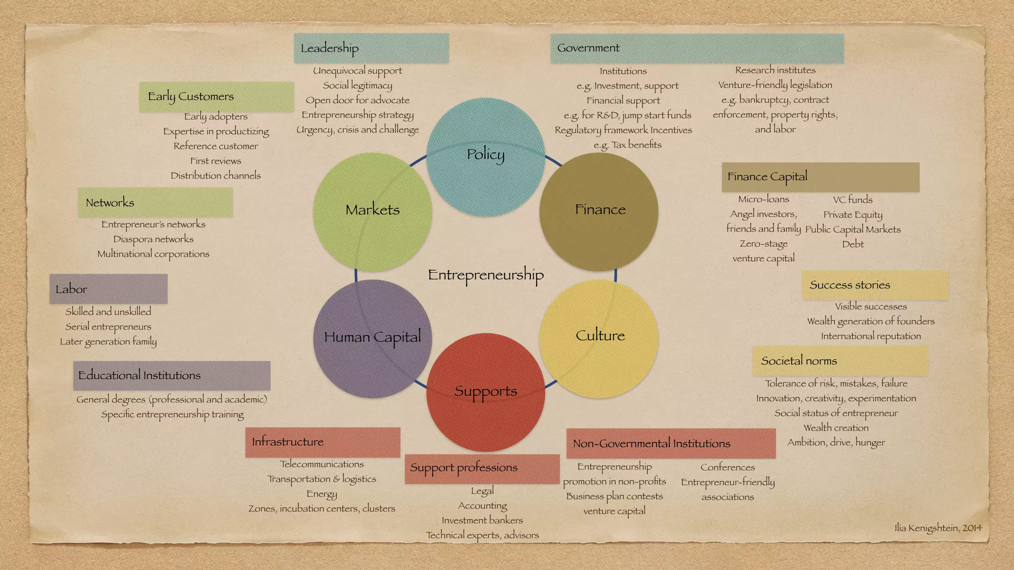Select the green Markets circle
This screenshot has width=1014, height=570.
tap(372, 211)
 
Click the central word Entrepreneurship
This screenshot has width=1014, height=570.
tap(485, 275)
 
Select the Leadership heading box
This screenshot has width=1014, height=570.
tap(371, 48)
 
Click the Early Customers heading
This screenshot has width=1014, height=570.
tap(216, 96)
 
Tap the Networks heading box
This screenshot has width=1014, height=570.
tap(155, 202)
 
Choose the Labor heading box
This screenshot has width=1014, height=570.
tap(108, 289)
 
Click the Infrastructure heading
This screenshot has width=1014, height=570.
tap(322, 442)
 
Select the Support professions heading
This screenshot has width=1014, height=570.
tap(482, 468)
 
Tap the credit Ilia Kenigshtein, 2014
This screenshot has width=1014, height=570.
tap(938, 528)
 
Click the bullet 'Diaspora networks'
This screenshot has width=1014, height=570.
tap(153, 239)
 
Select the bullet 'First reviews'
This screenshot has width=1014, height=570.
tap(216, 161)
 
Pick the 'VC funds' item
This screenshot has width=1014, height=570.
tap(853, 199)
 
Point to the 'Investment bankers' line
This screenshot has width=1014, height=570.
tap(482, 520)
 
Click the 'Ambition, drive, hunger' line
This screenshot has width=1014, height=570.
tap(836, 442)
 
